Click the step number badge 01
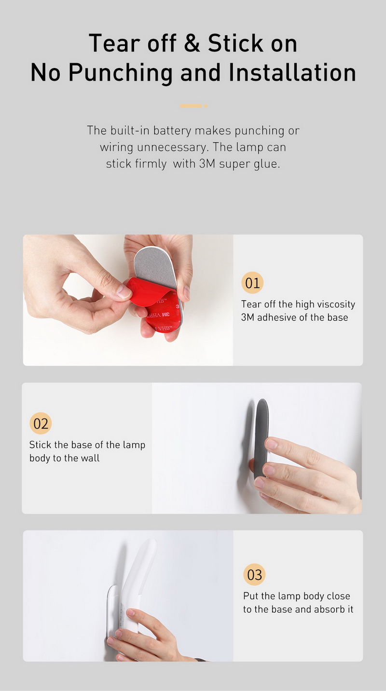(252, 283)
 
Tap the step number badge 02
(41, 423)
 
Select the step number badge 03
(254, 574)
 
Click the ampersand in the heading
(192, 43)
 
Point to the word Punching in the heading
(120, 73)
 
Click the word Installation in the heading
(292, 72)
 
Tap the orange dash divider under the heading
(193, 106)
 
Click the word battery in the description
(172, 131)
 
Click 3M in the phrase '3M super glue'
(207, 163)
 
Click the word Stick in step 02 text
(40, 445)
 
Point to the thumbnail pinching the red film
(124, 292)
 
